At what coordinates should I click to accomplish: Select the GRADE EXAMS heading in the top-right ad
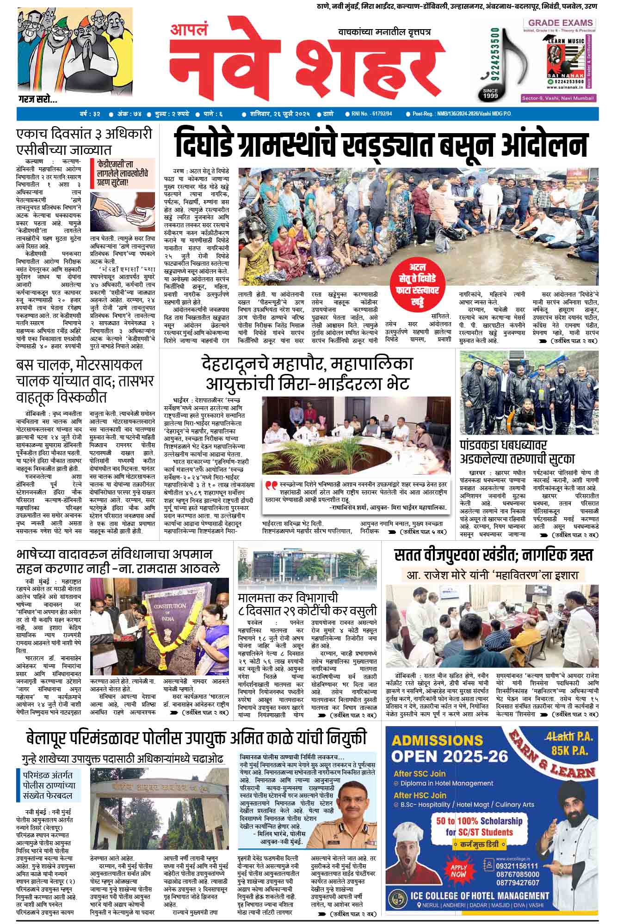point(561,23)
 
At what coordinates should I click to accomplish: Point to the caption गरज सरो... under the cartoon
point(37,99)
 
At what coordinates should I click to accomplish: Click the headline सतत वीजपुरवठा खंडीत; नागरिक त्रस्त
point(493,555)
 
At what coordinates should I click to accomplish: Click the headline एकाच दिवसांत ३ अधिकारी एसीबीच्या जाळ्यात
point(84,141)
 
